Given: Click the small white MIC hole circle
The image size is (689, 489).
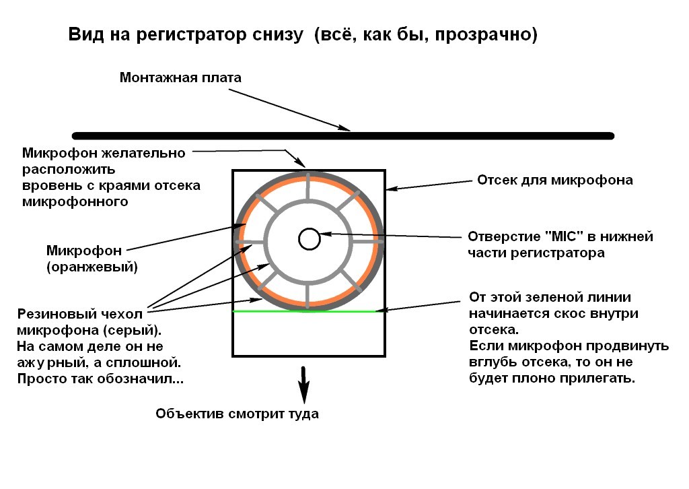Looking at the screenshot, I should pyautogui.click(x=309, y=238).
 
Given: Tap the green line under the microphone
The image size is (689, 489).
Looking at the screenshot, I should pyautogui.click(x=303, y=311).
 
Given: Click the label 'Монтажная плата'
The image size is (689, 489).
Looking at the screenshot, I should pyautogui.click(x=180, y=77).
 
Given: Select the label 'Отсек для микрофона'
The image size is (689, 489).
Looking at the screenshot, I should pyautogui.click(x=554, y=181).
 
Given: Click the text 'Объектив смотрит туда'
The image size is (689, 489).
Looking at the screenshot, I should pyautogui.click(x=237, y=414).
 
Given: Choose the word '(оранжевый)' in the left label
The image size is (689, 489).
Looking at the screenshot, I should pyautogui.click(x=92, y=267).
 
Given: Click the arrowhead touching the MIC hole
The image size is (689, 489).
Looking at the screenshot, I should pyautogui.click(x=323, y=235).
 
